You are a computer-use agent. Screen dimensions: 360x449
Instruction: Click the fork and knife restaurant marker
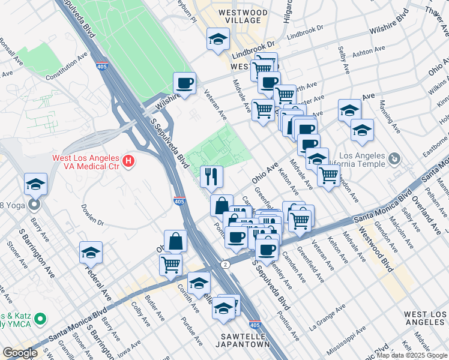pos(211,176)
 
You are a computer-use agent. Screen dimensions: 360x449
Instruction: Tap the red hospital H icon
pos(127,161)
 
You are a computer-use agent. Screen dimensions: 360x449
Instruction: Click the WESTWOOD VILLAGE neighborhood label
pos(243,16)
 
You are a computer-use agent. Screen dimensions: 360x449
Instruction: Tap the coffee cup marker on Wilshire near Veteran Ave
pos(185,83)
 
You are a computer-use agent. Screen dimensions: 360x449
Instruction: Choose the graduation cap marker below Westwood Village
pos(218,40)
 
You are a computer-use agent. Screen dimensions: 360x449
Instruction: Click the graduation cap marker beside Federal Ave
pos(91,253)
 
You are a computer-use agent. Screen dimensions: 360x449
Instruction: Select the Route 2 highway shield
pos(224,264)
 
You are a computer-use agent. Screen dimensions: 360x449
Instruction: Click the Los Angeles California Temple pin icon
pos(394,159)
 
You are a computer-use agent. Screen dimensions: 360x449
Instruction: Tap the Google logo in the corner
pos(20,353)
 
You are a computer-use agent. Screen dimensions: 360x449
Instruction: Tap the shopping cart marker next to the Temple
pos(328,175)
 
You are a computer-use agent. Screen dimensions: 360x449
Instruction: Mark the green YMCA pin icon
pos(40,317)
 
